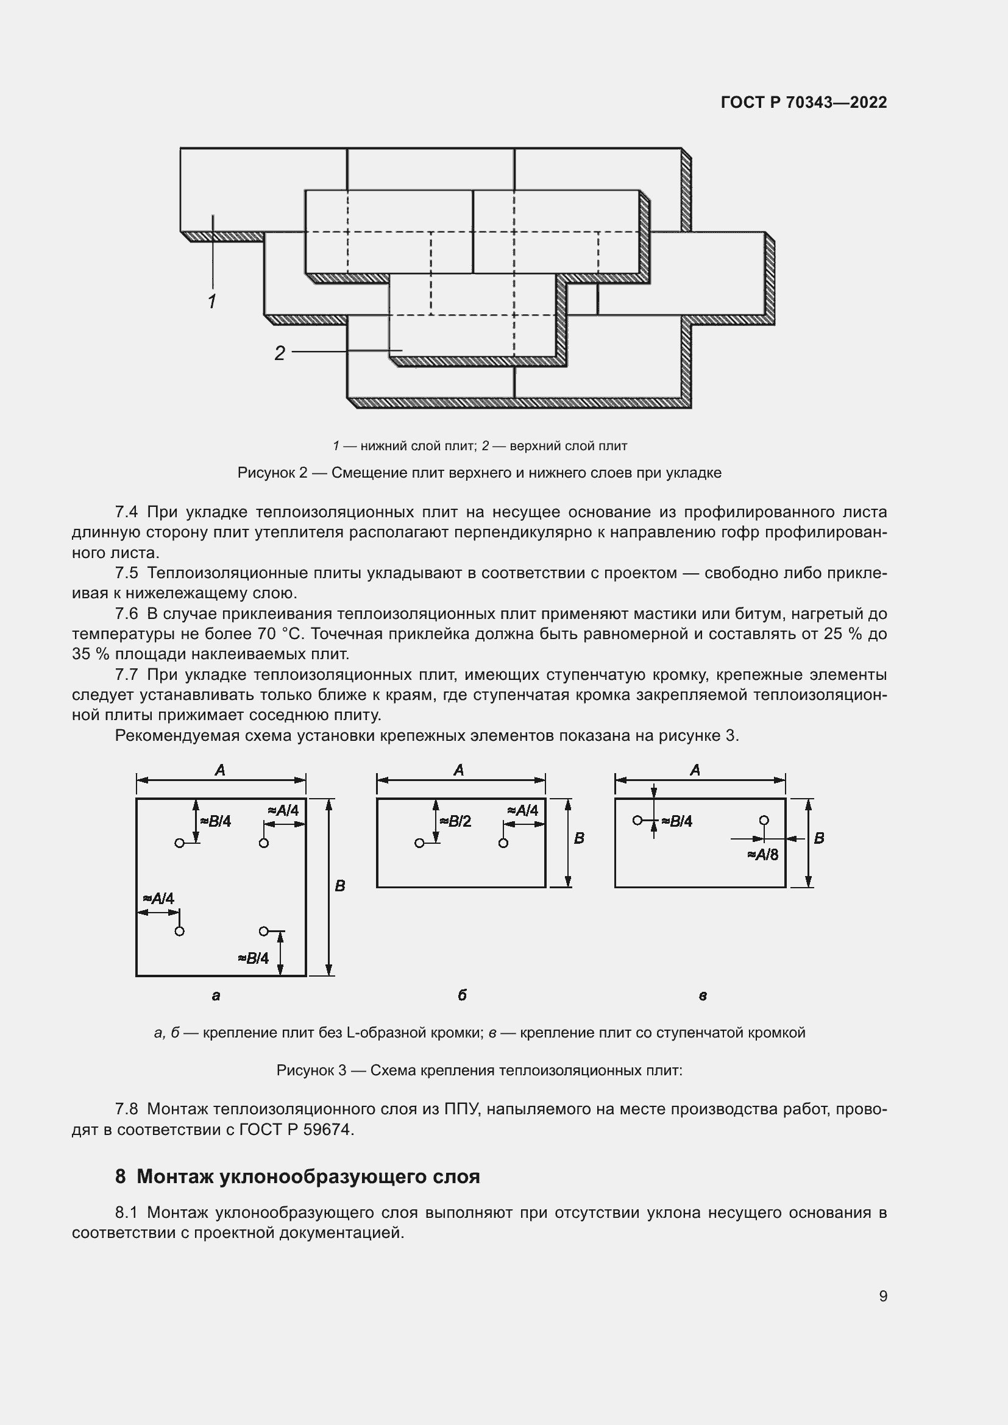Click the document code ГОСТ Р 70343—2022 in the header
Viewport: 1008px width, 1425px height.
804,102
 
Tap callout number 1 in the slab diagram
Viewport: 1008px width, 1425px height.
211,302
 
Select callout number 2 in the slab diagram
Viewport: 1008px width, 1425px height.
280,353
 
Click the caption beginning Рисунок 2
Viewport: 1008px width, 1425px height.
479,473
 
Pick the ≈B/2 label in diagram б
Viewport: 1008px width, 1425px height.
456,822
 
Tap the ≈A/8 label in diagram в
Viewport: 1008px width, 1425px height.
763,855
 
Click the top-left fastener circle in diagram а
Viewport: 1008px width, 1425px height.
179,843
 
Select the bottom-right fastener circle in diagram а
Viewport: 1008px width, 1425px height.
263,931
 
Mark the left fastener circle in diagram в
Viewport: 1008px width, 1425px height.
637,821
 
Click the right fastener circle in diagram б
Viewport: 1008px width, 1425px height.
503,843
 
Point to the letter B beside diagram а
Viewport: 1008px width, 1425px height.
340,886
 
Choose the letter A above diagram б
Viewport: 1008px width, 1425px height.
459,770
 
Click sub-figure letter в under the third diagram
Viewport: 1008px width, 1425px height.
703,996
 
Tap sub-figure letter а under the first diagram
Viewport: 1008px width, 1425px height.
216,996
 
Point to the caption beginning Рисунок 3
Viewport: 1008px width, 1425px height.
479,1070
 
